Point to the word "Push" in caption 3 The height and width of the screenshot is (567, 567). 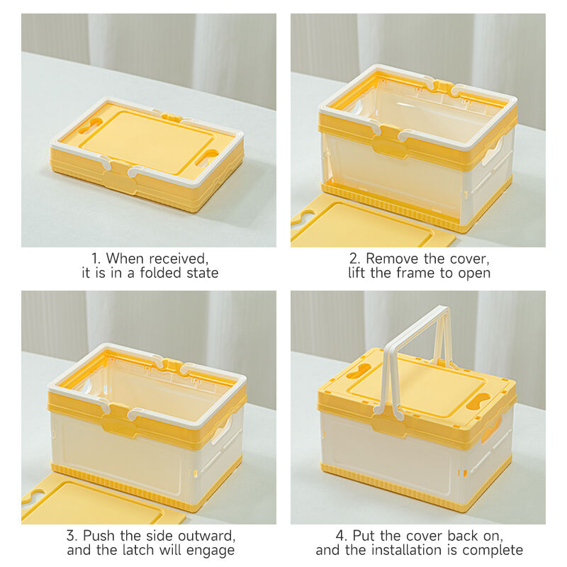(x=100, y=536)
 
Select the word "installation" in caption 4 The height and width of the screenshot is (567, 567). (x=404, y=550)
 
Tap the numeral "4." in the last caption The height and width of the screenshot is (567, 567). (x=342, y=536)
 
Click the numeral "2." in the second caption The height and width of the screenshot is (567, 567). (x=355, y=259)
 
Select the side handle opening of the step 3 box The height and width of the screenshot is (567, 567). (x=222, y=430)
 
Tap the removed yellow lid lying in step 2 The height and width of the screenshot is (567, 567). (x=369, y=223)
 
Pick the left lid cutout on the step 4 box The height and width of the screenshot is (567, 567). (x=359, y=371)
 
